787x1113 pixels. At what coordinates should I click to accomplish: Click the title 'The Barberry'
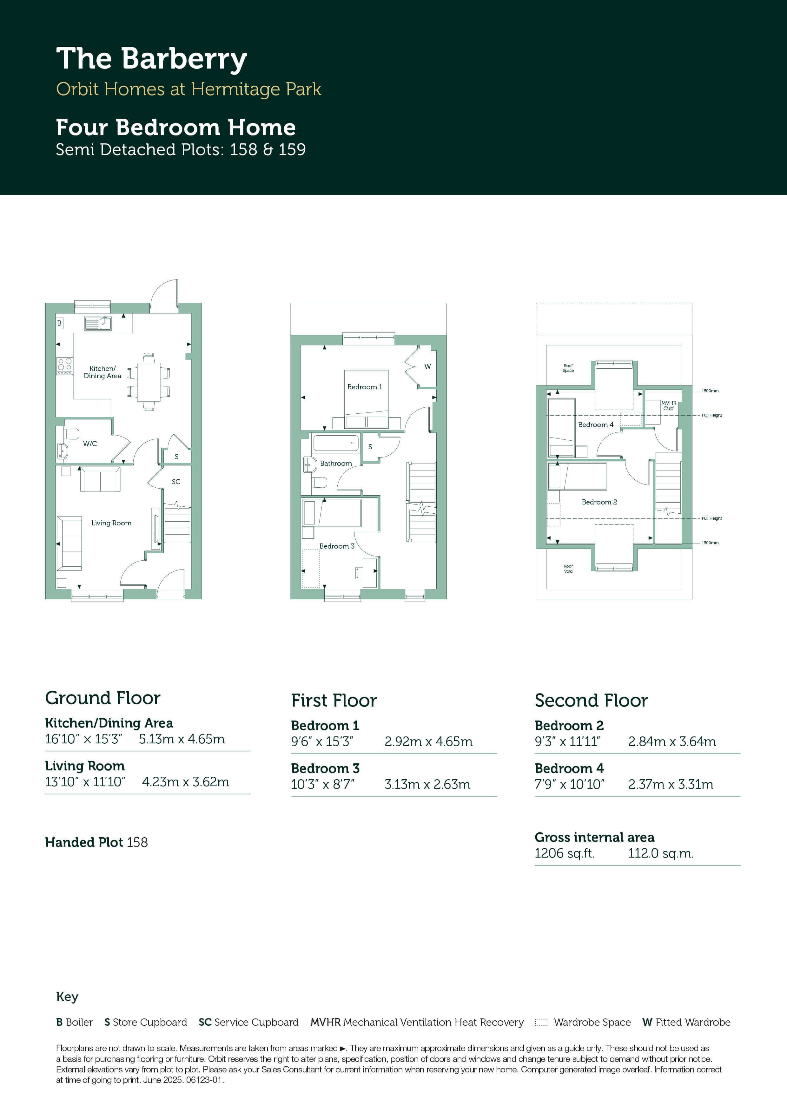point(151,59)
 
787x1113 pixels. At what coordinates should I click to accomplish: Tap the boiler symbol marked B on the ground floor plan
point(59,323)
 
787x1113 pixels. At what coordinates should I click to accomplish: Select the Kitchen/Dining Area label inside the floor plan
point(102,372)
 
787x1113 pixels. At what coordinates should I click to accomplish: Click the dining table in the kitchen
point(149,381)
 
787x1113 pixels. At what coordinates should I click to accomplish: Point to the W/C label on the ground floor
point(90,444)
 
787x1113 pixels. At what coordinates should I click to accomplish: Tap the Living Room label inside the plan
point(111,523)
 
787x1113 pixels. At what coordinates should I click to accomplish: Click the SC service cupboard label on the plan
point(176,482)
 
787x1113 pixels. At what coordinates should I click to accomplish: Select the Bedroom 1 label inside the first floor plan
point(365,387)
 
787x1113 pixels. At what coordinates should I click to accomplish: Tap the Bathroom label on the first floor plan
point(336,464)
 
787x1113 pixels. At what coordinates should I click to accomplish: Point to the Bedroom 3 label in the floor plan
point(337,546)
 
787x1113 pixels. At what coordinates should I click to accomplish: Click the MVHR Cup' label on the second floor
point(669,406)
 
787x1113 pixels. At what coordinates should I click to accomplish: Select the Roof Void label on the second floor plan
point(568,569)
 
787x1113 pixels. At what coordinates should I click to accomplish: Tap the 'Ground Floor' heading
point(103,698)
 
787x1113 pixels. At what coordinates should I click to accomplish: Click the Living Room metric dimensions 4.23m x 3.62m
point(186,782)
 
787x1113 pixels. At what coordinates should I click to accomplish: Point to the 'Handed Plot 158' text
point(96,842)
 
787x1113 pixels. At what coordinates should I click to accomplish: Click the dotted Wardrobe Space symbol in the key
point(542,1022)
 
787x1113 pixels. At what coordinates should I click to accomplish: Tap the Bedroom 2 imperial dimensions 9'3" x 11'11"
point(567,742)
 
